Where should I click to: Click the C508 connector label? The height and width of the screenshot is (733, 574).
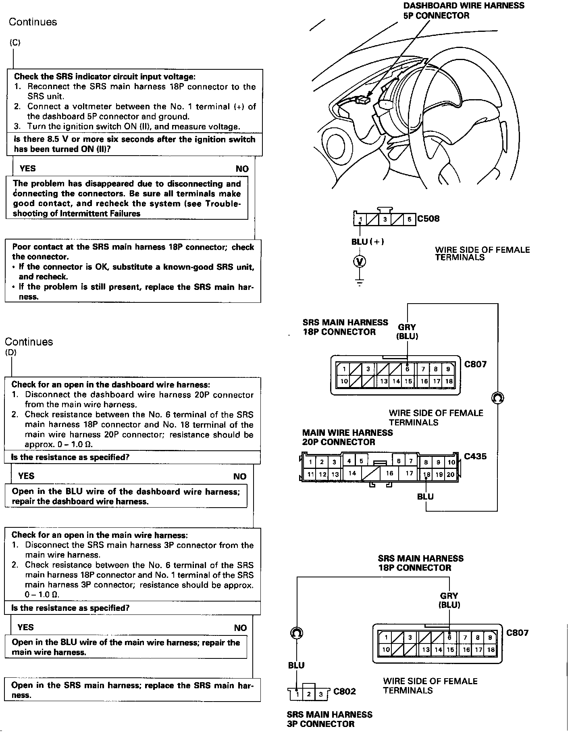coord(428,219)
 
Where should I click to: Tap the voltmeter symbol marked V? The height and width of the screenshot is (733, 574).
coord(360,261)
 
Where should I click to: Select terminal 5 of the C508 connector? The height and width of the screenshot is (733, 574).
coord(409,220)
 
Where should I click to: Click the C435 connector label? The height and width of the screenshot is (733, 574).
coord(475,456)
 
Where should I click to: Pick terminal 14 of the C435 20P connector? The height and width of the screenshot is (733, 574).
coord(352,473)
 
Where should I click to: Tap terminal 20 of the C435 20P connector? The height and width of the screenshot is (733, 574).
coord(451,475)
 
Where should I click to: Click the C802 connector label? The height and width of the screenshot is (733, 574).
coord(345,691)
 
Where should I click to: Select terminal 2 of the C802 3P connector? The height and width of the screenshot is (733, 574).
coord(308,694)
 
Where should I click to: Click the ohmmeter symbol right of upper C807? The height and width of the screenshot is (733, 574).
coord(498,398)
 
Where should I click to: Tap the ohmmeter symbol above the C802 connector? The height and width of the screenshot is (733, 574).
coord(297,633)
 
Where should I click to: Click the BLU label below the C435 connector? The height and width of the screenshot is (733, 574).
coord(425,496)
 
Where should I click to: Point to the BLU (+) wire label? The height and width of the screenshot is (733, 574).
coord(367,242)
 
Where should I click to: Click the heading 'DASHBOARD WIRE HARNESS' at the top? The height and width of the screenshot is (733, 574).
coord(464,6)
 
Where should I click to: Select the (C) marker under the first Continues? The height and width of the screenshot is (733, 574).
coord(15,43)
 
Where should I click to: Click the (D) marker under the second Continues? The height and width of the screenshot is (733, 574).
coord(11,353)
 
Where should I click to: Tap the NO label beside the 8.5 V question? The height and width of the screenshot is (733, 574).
coord(242,169)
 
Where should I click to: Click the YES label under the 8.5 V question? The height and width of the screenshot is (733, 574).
coord(27,169)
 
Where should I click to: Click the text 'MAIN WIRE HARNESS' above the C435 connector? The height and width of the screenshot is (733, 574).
coord(347,433)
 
